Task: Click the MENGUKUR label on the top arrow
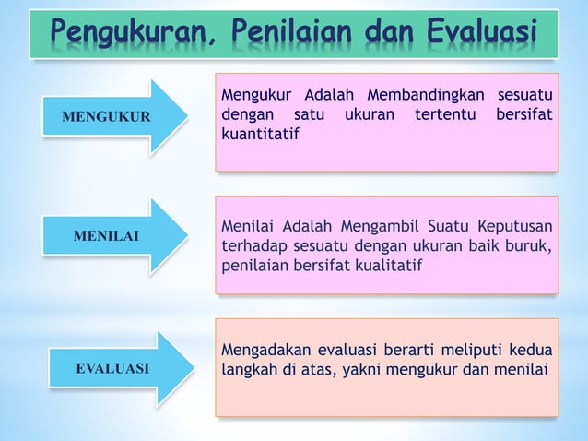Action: point(106,118)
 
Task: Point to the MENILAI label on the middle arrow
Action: point(106,237)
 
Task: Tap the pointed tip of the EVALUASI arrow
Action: point(194,368)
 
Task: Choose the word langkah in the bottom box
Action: point(249,371)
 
